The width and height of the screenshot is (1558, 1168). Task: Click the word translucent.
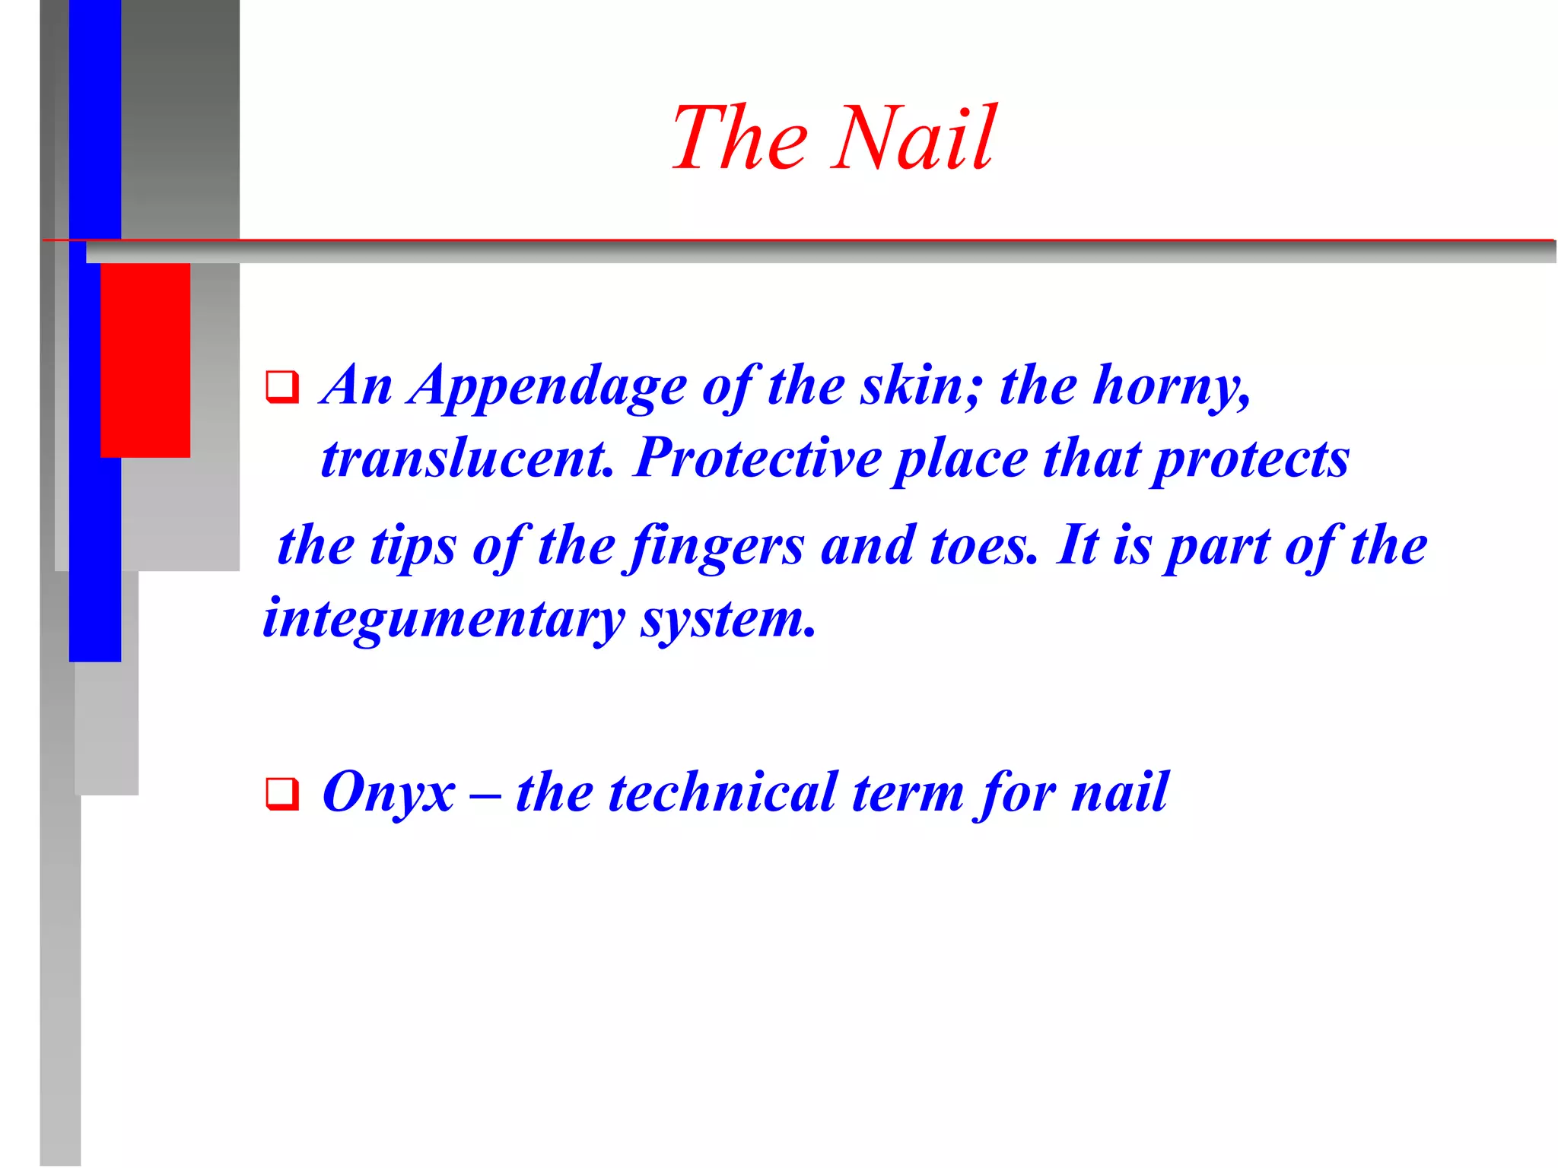point(467,459)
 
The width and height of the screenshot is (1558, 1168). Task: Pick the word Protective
point(757,459)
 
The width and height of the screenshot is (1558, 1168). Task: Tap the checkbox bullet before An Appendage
point(281,387)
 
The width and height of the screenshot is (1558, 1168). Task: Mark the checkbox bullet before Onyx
point(281,794)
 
